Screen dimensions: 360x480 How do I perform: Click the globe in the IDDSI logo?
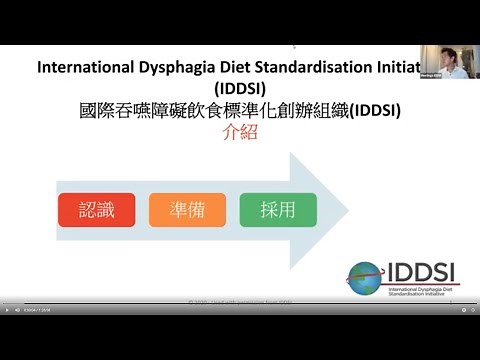coord(364,276)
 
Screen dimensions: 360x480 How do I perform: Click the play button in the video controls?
coord(6,310)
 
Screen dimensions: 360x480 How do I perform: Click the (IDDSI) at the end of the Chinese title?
coord(372,111)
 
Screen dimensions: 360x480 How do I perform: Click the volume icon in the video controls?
coord(17,310)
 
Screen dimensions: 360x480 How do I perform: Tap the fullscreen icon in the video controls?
coord(472,310)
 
